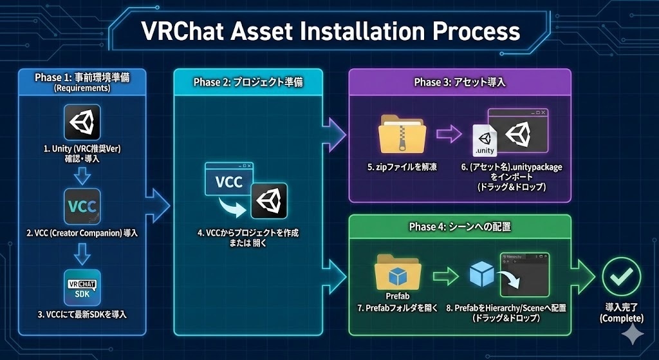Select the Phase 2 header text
pos(248,83)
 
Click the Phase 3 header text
pos(459,82)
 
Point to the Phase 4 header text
pos(459,227)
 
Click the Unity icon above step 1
pos(82,122)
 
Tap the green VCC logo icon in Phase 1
pos(82,207)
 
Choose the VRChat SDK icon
pos(82,287)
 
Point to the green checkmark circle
pos(621,276)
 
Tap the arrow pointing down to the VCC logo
pos(82,175)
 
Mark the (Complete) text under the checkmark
pos(621,318)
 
